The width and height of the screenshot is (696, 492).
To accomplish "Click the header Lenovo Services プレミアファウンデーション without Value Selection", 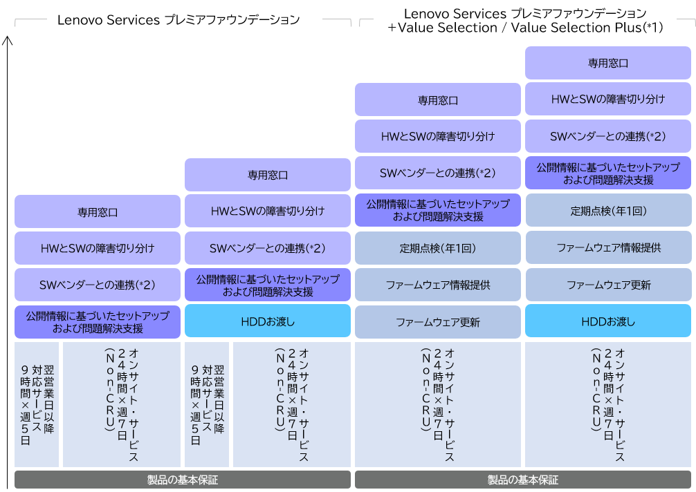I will [178, 19].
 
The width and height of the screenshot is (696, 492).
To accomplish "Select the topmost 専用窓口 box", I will [608, 63].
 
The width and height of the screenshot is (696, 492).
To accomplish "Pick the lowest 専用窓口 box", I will [98, 212].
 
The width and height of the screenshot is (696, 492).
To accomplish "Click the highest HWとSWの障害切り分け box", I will [608, 99].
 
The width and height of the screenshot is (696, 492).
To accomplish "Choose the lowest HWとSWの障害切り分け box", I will [98, 247].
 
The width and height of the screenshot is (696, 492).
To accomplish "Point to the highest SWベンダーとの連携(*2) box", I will [608, 136].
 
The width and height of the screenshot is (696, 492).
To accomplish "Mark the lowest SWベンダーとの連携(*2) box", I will [98, 285].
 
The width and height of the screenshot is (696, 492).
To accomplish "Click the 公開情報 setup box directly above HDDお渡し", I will [268, 285].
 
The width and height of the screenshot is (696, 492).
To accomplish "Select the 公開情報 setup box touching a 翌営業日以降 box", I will [98, 322].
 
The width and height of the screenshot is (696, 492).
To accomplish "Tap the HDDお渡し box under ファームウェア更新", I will [608, 321].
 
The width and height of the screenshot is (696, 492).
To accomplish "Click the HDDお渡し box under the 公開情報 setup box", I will [268, 321].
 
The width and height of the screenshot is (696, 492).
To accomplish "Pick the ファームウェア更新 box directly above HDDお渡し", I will [608, 285].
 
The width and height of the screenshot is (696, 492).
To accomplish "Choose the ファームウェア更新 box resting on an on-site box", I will [438, 322].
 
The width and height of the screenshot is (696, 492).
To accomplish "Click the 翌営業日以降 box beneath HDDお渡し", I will [207, 404].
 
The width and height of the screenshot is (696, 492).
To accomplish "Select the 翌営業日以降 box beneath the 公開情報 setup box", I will [37, 404].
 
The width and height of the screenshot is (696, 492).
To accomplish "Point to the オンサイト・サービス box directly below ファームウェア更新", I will [438, 404].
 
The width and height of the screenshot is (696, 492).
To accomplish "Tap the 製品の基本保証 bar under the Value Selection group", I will [523, 480].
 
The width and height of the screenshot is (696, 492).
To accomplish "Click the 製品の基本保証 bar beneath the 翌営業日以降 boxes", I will [183, 480].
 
